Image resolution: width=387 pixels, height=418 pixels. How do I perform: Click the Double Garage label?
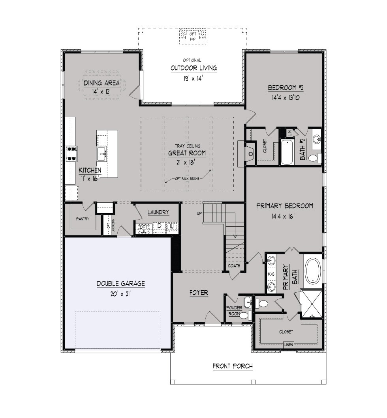coord(121,284)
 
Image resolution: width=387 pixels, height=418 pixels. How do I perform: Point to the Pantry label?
coord(83,219)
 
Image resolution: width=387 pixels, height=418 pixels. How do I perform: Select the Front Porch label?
coord(233,366)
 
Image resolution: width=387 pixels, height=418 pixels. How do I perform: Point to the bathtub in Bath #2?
coord(287,152)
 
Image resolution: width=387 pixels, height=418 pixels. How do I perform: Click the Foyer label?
coord(199,293)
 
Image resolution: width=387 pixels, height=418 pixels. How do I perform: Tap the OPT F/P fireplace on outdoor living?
coord(193,36)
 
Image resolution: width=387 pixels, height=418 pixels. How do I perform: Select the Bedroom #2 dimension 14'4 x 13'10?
coord(286,97)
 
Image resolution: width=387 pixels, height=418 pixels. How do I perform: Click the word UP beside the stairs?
coord(199,213)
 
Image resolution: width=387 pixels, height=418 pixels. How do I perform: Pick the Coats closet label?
coord(234,266)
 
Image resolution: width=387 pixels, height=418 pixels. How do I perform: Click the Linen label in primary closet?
coord(289,345)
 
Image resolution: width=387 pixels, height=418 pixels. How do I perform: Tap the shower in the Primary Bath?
coord(312,304)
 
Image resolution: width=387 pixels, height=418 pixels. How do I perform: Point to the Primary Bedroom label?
coord(284,206)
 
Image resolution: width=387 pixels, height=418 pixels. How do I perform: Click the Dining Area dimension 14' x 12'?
coord(101,91)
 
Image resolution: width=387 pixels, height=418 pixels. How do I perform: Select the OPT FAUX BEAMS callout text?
coord(187,179)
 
